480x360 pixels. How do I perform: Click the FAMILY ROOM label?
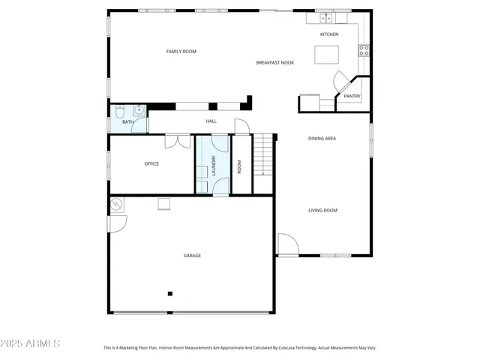coord(181,51)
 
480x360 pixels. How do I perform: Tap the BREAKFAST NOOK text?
coord(274,63)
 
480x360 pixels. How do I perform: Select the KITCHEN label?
coord(329,34)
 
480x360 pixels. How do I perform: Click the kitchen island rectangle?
coord(325,55)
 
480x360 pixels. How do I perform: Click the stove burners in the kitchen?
coord(364,51)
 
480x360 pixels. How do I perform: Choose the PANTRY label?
coord(352,96)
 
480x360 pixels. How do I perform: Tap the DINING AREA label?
coord(322,139)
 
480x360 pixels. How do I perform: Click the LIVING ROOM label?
coord(322,211)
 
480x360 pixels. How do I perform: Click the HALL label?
coord(211,121)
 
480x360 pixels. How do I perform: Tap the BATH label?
coord(128,122)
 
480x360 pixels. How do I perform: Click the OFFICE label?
coord(151,163)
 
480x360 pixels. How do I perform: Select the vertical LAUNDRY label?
coord(214,166)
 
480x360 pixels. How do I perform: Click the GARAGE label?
coord(192,256)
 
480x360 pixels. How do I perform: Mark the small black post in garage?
coord(170,293)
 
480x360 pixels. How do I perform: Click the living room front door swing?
coord(287,244)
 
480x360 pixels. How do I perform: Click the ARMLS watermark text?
coord(31,343)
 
